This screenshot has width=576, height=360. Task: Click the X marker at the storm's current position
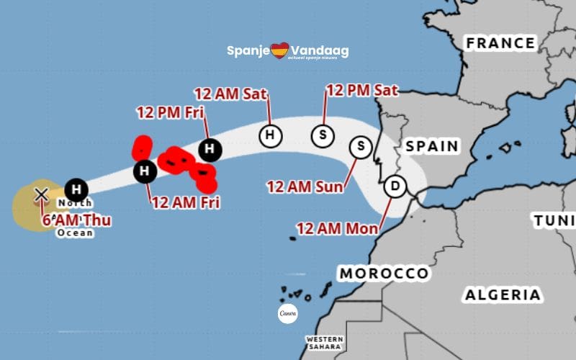click(42, 194)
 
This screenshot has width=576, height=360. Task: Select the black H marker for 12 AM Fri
click(145, 171)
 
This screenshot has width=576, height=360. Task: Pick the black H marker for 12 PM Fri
click(210, 149)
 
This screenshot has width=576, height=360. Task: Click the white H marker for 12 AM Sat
click(270, 135)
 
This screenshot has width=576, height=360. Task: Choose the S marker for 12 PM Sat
click(323, 135)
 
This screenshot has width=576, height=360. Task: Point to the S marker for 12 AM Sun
click(360, 147)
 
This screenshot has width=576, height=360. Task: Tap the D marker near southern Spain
click(394, 186)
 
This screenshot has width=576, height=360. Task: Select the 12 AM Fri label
click(185, 202)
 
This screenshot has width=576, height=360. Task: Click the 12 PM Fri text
click(171, 112)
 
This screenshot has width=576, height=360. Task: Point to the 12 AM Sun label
click(305, 186)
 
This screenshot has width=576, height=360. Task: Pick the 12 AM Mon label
click(337, 229)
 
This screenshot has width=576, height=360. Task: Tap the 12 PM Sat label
click(362, 91)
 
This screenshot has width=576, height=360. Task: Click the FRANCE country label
click(500, 43)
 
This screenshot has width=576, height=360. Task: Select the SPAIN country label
click(432, 146)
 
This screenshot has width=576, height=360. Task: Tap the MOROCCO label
click(384, 274)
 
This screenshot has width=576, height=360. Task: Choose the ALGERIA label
click(503, 294)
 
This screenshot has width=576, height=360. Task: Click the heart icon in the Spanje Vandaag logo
click(279, 50)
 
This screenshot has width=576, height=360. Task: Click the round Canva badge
click(287, 314)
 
